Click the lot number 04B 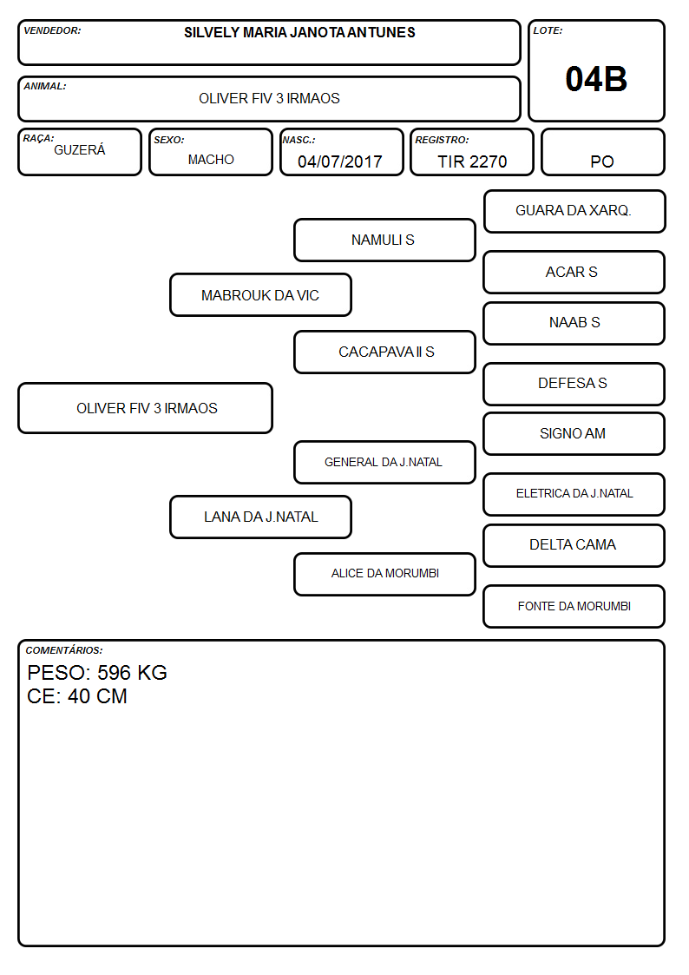tap(596, 79)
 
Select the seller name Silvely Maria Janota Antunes tap(299, 32)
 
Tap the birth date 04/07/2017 tap(340, 161)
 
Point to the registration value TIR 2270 tap(472, 161)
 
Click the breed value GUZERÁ tap(80, 149)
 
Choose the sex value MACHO tap(211, 159)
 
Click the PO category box tap(602, 152)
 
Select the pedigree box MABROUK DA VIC tap(260, 294)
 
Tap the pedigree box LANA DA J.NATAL tap(260, 517)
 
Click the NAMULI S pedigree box tap(384, 240)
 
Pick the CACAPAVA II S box tap(384, 352)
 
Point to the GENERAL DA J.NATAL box tap(384, 462)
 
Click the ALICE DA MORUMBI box tap(384, 574)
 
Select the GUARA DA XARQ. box tap(574, 212)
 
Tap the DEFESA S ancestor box tap(574, 384)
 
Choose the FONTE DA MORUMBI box tap(574, 606)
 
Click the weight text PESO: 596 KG tap(97, 672)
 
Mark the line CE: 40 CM tap(77, 696)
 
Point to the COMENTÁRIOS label tap(64, 650)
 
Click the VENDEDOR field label tap(52, 30)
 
